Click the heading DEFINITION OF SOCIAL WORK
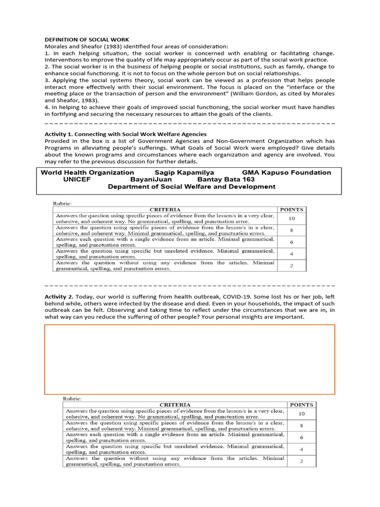click(x=87, y=40)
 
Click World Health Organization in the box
click(x=87, y=172)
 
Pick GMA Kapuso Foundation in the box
click(x=286, y=172)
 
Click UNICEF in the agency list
click(x=77, y=179)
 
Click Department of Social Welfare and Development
click(x=191, y=187)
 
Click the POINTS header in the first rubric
click(x=291, y=209)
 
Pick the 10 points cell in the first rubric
click(x=291, y=218)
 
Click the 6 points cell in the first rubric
click(x=291, y=242)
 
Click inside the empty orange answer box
click(x=190, y=359)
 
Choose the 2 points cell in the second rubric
click(x=301, y=461)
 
